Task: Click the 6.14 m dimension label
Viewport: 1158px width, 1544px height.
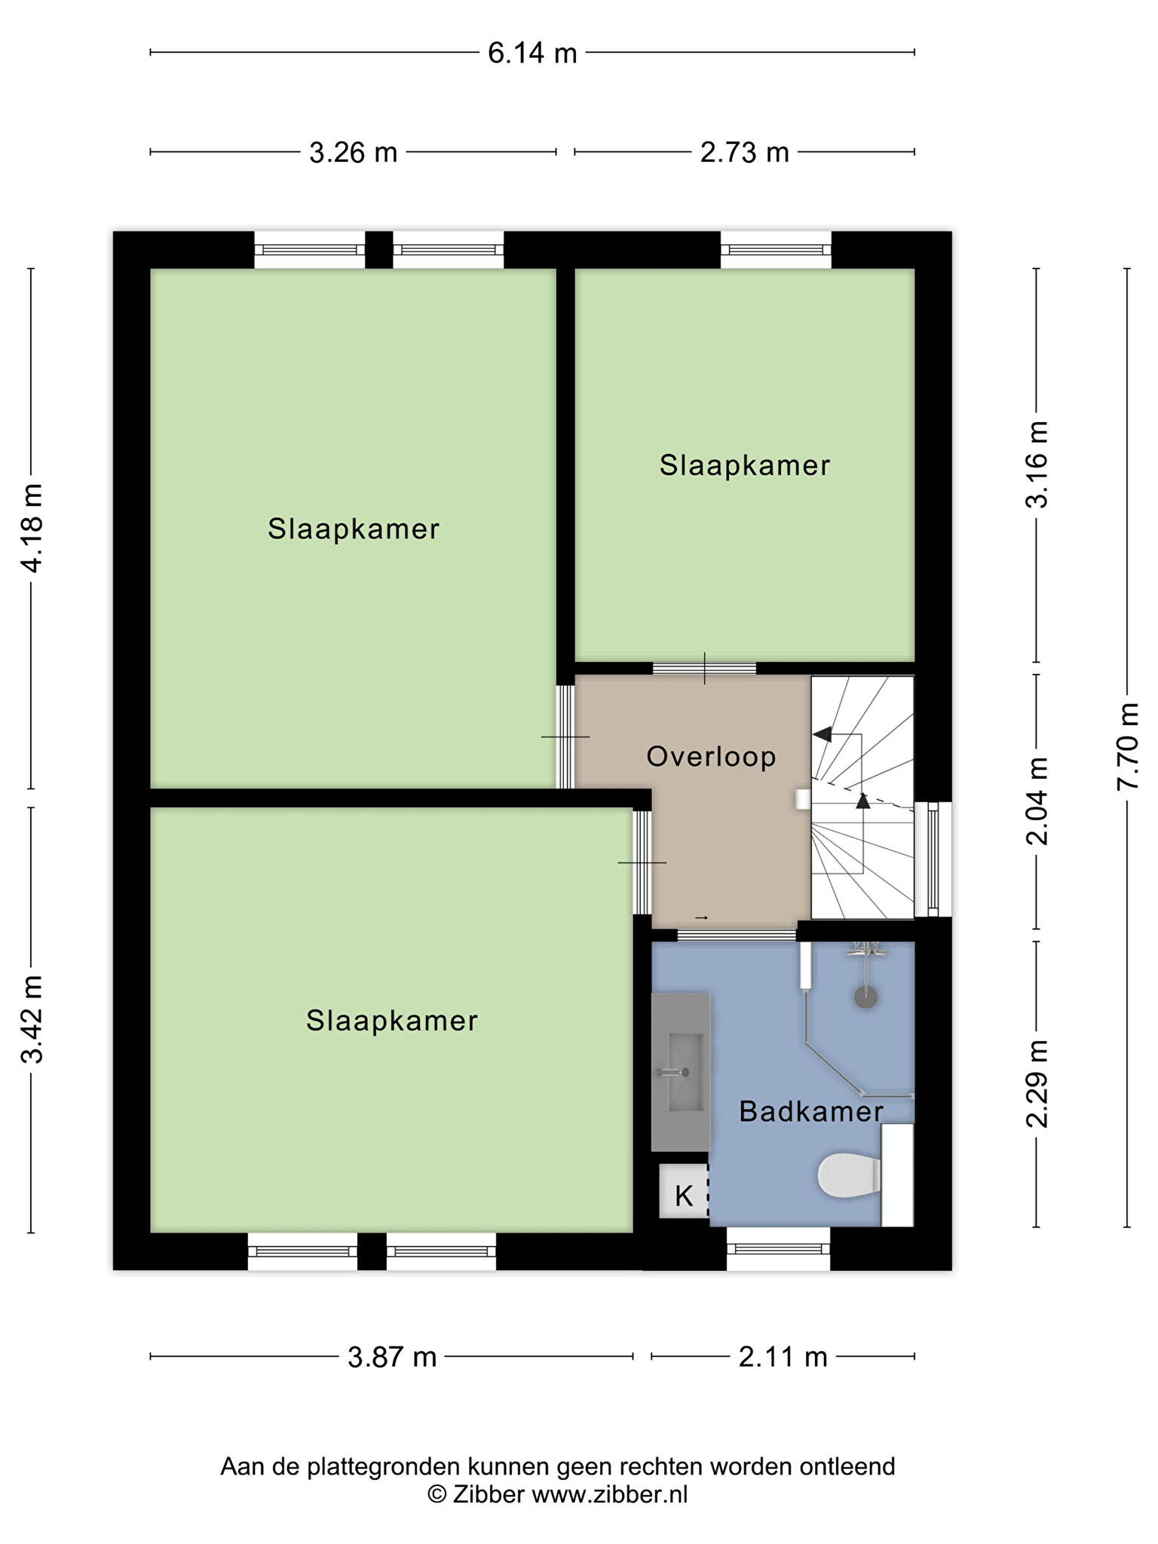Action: [x=532, y=53]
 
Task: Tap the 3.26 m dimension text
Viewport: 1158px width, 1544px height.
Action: [x=353, y=153]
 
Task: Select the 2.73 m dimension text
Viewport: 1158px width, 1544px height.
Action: [x=744, y=153]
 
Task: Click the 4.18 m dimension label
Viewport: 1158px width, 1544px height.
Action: [x=32, y=528]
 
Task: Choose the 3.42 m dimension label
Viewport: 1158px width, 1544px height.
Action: [x=32, y=1018]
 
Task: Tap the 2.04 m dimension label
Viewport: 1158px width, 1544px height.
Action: [x=1038, y=801]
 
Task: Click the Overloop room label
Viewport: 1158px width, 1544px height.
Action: [x=711, y=757]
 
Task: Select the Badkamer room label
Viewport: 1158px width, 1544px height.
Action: [x=811, y=1111]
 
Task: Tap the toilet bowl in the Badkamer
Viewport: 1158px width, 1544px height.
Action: [x=850, y=1175]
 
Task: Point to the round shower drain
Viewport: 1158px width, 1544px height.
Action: [x=865, y=997]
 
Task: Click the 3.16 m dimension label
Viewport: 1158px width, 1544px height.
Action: [x=1038, y=465]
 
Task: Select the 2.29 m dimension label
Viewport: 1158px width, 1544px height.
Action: [x=1038, y=1083]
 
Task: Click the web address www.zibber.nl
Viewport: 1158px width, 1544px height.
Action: [x=610, y=1494]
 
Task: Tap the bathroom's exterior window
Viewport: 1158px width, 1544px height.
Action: [x=778, y=1249]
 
